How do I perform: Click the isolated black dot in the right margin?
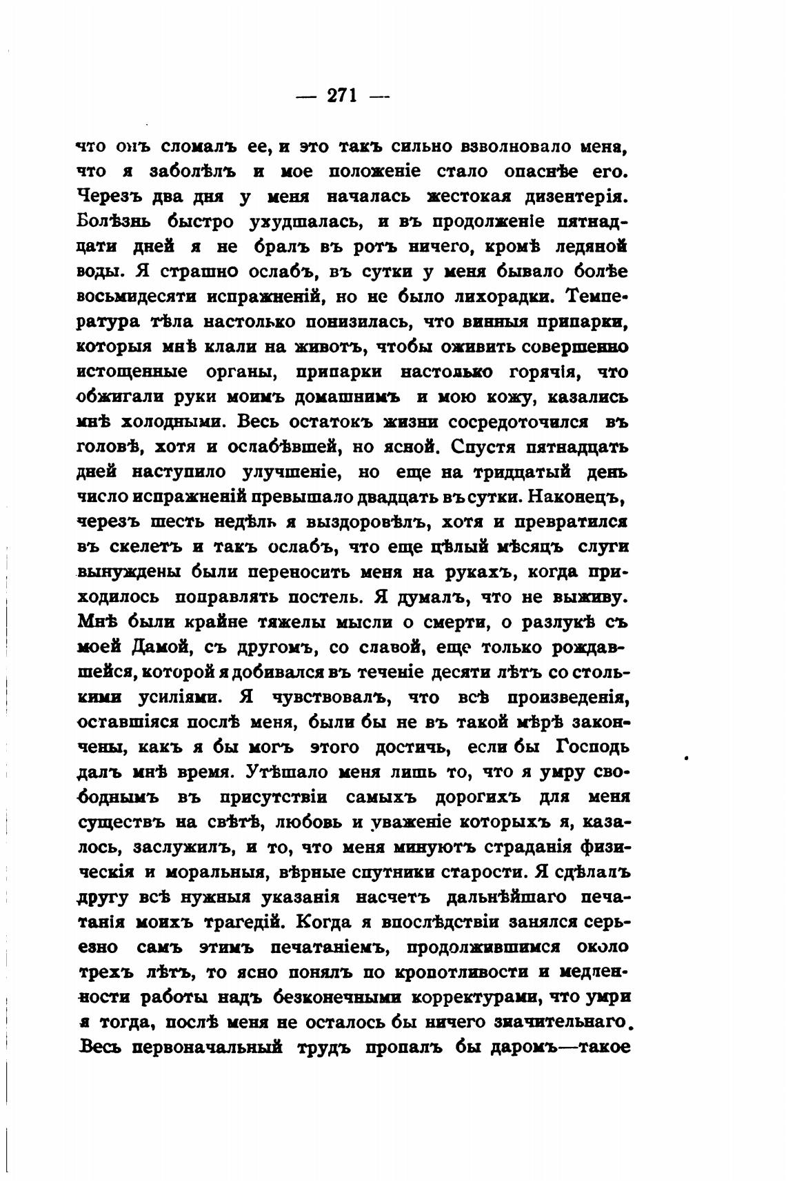[687, 757]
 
